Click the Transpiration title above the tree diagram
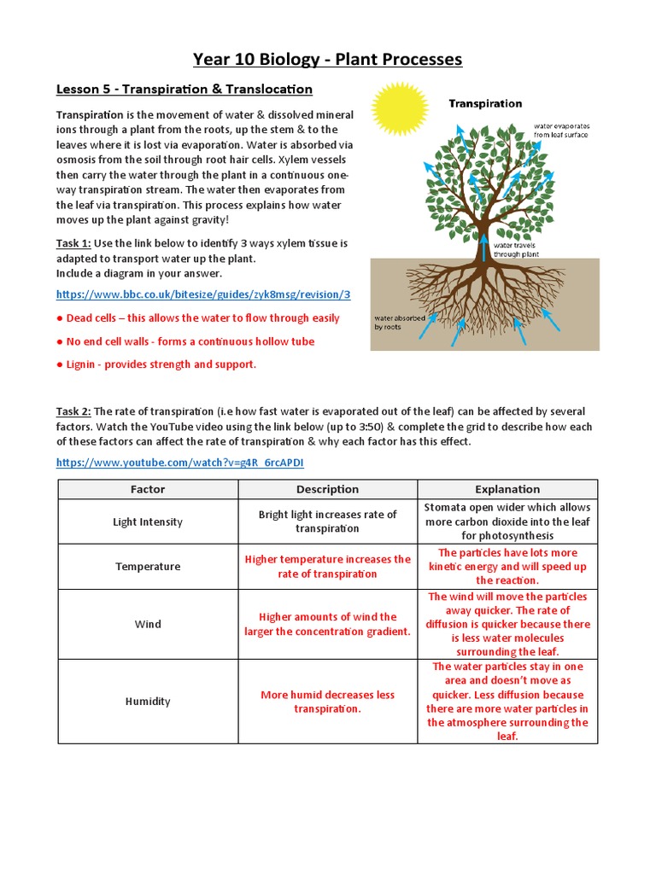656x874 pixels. (x=485, y=103)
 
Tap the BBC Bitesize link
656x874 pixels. (x=203, y=294)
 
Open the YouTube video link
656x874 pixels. (x=179, y=463)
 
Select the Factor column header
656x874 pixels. (x=148, y=489)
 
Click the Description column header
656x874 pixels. (x=327, y=489)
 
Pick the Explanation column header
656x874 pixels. (x=507, y=489)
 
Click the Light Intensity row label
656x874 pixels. (x=148, y=521)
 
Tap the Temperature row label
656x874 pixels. (x=148, y=567)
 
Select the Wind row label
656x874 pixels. (x=148, y=624)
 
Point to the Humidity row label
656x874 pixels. (x=148, y=702)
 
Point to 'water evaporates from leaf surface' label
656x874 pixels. (x=561, y=130)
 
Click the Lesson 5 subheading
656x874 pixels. (x=184, y=89)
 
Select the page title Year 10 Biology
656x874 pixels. (x=327, y=59)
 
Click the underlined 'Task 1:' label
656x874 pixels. (x=73, y=243)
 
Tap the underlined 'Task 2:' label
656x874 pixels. (x=73, y=411)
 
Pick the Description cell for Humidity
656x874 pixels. (x=327, y=702)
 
